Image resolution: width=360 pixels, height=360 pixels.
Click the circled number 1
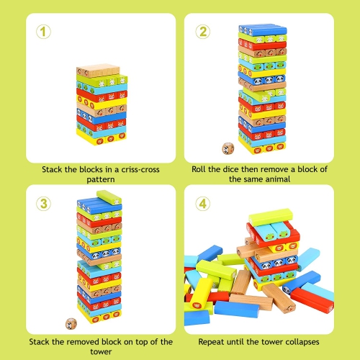point(44,32)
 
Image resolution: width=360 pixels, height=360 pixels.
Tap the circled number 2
point(204,32)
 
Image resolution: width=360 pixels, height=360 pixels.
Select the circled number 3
point(44,204)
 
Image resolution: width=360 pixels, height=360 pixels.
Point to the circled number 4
point(204,204)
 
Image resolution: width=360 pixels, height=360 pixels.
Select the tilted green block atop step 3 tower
point(109,197)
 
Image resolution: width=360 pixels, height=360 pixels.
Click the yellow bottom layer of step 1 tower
point(97,135)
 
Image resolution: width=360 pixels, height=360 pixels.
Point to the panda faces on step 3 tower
point(98,253)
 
